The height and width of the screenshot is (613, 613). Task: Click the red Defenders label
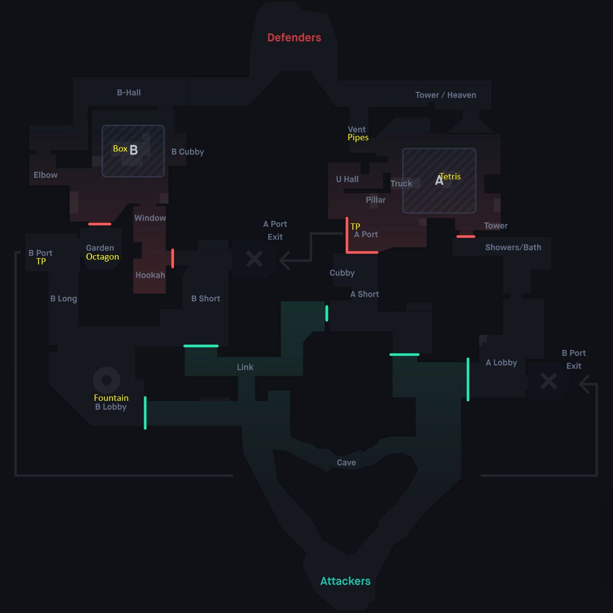coord(294,38)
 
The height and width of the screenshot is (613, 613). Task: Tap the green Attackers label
coord(345,581)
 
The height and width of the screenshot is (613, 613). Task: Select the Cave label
coord(346,462)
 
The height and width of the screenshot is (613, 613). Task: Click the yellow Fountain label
coord(111,398)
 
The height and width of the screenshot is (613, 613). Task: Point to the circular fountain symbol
coord(107,380)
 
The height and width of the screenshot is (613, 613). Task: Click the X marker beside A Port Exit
coord(254,259)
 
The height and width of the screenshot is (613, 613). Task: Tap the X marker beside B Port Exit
coord(548,381)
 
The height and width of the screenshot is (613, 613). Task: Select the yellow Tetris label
coord(450,176)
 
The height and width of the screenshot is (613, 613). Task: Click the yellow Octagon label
coord(102,257)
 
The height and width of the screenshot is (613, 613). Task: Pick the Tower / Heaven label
coord(445,95)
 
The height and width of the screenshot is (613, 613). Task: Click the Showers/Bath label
coord(513,247)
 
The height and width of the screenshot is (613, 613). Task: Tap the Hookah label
coord(150,275)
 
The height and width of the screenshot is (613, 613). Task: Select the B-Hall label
coord(129,92)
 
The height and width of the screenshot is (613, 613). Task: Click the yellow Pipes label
coord(358,137)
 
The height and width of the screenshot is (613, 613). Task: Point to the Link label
coord(245,367)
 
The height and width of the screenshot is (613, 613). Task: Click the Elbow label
coord(45,175)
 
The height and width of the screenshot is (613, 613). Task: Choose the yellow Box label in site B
coord(120,149)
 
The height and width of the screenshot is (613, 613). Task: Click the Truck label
coord(401,184)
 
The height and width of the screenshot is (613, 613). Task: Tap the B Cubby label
coord(187,152)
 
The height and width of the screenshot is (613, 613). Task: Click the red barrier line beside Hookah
coord(173,258)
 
